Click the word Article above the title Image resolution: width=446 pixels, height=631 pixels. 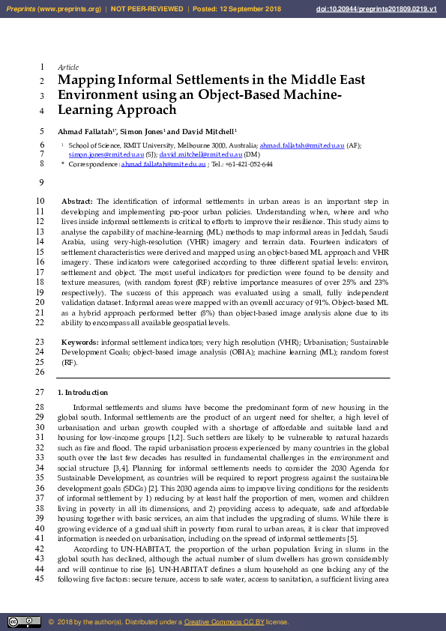(67, 67)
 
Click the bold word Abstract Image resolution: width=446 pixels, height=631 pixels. (76, 202)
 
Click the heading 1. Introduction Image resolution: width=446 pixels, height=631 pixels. (82, 392)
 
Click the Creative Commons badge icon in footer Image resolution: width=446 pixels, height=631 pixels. (24, 621)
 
